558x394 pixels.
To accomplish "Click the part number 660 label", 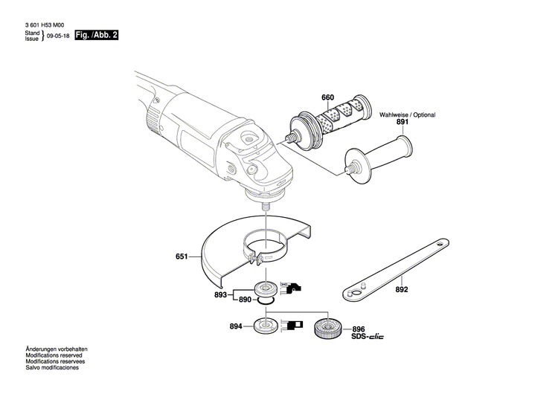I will point(327,98).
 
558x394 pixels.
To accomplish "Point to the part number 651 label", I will point(182,257).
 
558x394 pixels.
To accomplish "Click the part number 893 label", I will point(220,294).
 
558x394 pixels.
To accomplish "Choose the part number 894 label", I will point(235,326).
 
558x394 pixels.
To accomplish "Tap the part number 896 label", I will point(359,329).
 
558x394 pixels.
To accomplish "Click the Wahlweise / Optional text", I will point(407,115).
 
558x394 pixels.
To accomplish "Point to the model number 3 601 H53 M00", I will point(49,25).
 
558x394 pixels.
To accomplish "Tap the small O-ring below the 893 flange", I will point(266,300).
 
